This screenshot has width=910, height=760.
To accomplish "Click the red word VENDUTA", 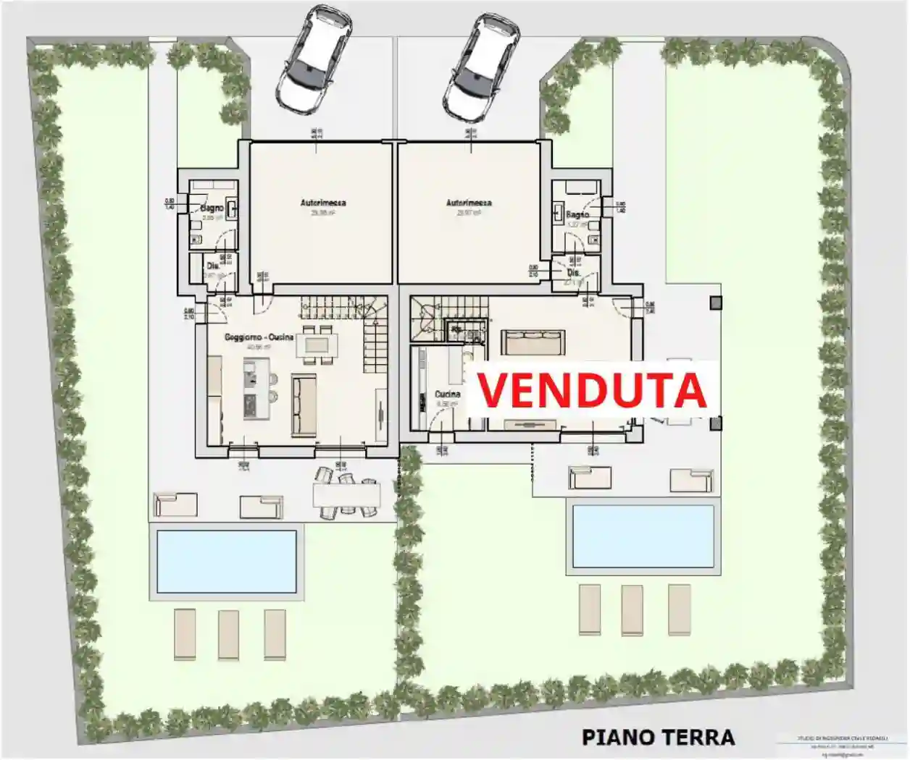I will pos(591,390).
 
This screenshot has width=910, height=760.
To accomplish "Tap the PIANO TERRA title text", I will pos(658,738).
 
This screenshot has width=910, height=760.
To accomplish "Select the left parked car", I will pos(313,60).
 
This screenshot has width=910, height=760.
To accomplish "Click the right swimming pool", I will pos(643,536).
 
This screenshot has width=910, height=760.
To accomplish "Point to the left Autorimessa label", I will pos(323,203).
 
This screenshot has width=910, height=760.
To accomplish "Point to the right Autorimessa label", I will pos(469,203).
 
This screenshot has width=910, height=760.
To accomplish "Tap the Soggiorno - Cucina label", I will pos(259,337).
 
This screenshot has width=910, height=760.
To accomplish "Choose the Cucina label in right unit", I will pos(448,394).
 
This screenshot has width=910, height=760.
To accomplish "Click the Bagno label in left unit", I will pos(212,208).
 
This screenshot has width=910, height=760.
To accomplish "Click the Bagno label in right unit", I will pos(577,215).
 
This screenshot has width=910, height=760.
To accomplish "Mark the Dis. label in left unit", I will pos(213,266).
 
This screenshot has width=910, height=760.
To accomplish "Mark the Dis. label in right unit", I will pos(573,274).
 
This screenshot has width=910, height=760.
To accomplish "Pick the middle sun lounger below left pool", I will pos(229,633).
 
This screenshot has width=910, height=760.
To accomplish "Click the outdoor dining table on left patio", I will pos(346,495).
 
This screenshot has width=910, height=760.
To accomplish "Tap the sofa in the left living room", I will pos(304,405).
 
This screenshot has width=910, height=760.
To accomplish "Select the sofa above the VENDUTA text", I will pos(533,342).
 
